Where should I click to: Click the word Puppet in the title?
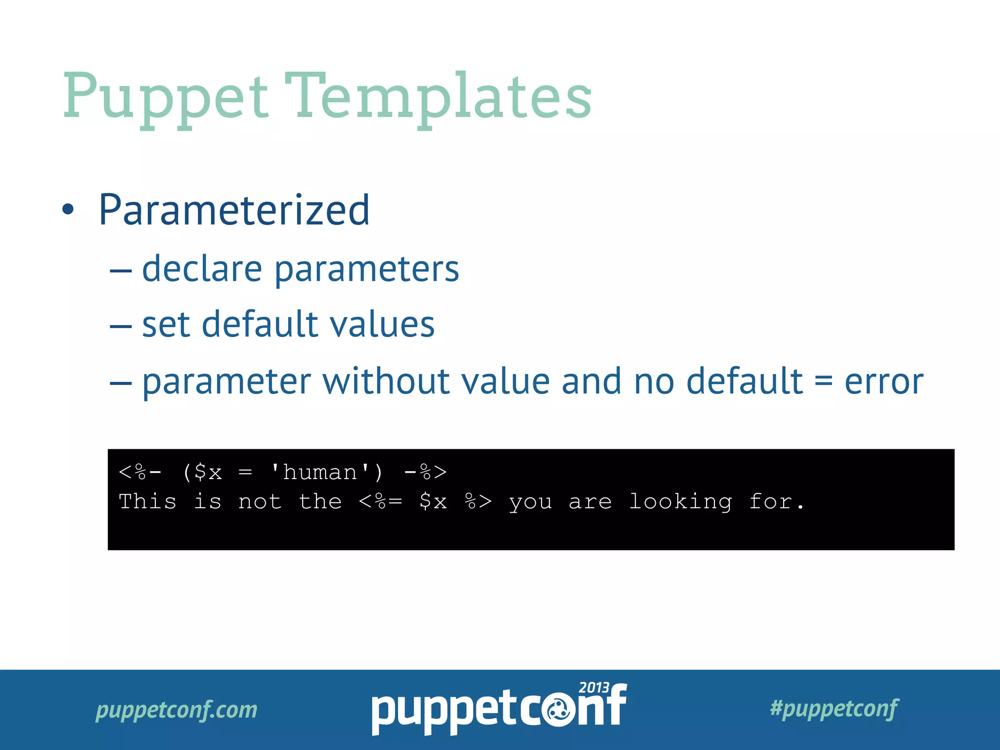pyautogui.click(x=166, y=98)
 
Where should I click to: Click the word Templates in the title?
pyautogui.click(x=438, y=98)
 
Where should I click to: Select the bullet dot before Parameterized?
pyautogui.click(x=68, y=210)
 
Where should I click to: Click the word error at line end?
pyautogui.click(x=884, y=382)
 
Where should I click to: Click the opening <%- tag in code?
pyautogui.click(x=140, y=472)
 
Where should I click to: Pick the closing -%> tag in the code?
pyautogui.click(x=425, y=472)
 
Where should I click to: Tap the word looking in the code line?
pyautogui.click(x=680, y=502)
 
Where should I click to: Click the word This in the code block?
pyautogui.click(x=147, y=502)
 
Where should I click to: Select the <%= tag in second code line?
pyautogui.click(x=380, y=502)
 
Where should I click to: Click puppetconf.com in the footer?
pyautogui.click(x=176, y=709)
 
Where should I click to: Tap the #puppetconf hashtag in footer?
pyautogui.click(x=834, y=708)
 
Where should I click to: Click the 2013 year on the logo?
pyautogui.click(x=594, y=688)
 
